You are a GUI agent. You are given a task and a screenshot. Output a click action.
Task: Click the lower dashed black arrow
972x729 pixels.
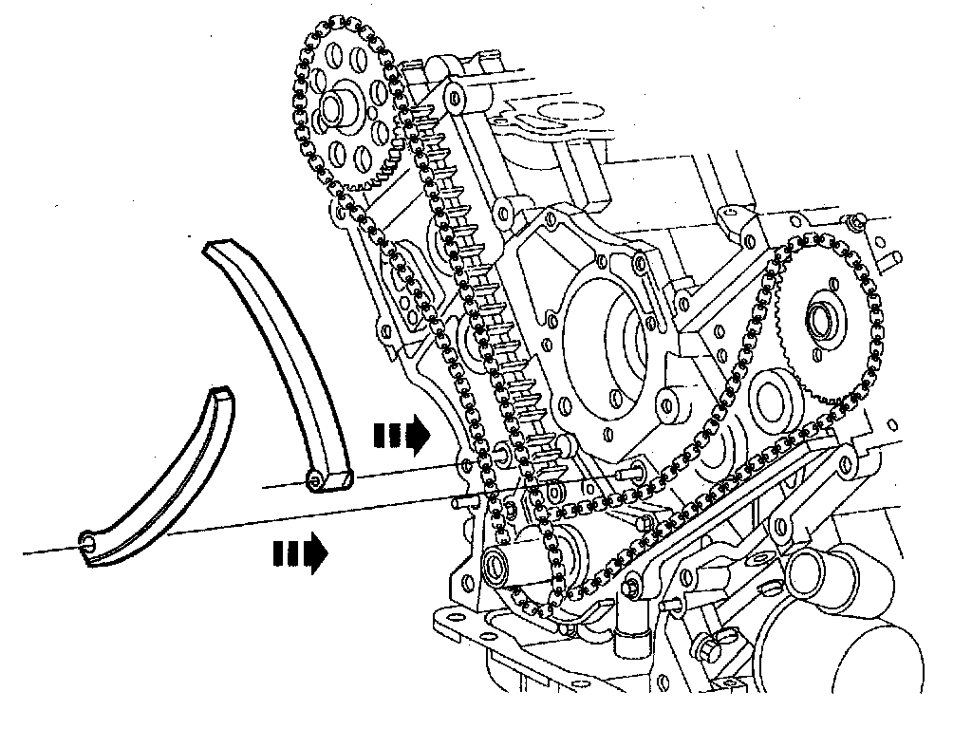tap(300, 551)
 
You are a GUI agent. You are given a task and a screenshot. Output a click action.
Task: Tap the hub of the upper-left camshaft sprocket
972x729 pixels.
tap(336, 108)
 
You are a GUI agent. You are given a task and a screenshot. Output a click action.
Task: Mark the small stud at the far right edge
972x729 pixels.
tap(890, 256)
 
